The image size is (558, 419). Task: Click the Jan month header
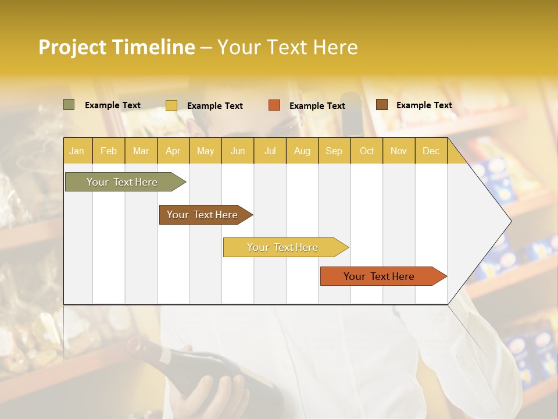pos(77,151)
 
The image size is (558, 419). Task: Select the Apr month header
pos(173,151)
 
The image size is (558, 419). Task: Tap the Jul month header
pos(270,151)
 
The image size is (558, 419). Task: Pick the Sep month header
pos(334,151)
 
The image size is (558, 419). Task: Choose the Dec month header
pos(431,151)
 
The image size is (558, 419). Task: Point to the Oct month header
pos(366,151)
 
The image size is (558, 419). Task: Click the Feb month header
pos(109,151)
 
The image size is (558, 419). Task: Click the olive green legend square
pos(69,105)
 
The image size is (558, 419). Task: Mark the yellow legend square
pos(171,105)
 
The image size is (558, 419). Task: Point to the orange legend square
pos(274,105)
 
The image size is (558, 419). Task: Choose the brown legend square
pos(382,105)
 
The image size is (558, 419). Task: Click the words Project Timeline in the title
pos(116,47)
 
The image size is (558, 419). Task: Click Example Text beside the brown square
pos(424,105)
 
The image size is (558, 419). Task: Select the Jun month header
pos(238,151)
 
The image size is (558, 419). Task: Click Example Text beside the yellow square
pos(214,106)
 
